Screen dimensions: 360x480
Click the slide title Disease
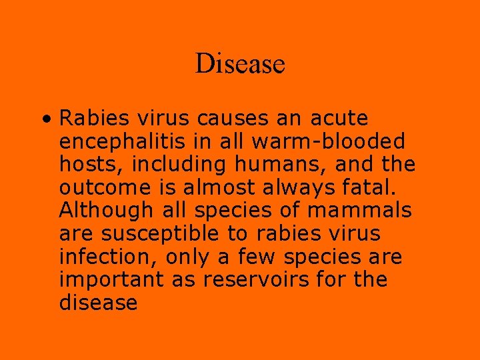(x=240, y=64)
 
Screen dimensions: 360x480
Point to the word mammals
(x=359, y=211)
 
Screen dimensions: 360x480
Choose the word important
(x=112, y=280)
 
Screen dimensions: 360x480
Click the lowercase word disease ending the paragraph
(x=98, y=303)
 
